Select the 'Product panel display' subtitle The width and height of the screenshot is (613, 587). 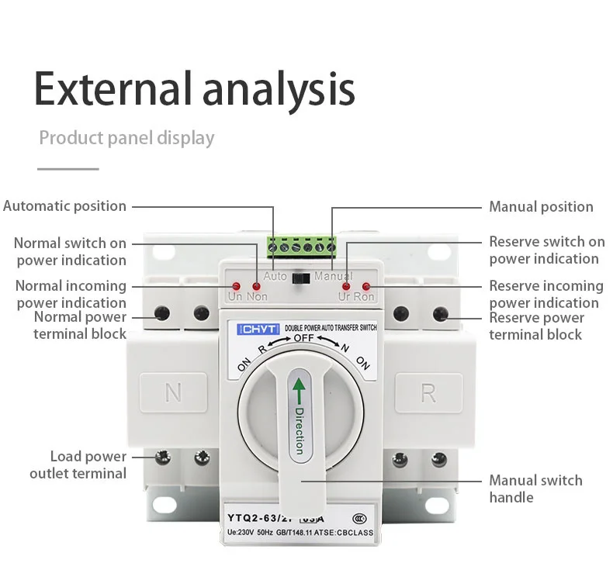(x=126, y=138)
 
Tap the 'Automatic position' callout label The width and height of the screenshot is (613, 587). (x=64, y=206)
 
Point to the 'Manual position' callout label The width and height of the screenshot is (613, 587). (x=541, y=207)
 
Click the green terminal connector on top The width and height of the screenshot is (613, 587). (x=303, y=247)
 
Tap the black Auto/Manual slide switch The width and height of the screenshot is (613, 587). (x=303, y=277)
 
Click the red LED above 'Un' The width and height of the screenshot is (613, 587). (x=235, y=285)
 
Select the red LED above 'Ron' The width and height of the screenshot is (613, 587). (x=365, y=287)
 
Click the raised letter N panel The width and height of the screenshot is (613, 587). (x=173, y=393)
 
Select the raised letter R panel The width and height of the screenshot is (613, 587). (x=428, y=393)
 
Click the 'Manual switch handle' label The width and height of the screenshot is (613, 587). (x=535, y=489)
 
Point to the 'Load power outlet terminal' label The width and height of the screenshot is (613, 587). (x=78, y=464)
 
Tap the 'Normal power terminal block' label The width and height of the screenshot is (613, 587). (x=80, y=325)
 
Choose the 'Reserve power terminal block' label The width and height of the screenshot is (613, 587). (x=536, y=326)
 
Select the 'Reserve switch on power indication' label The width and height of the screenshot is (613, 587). (x=546, y=250)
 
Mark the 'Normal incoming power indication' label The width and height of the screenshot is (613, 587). (x=71, y=294)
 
